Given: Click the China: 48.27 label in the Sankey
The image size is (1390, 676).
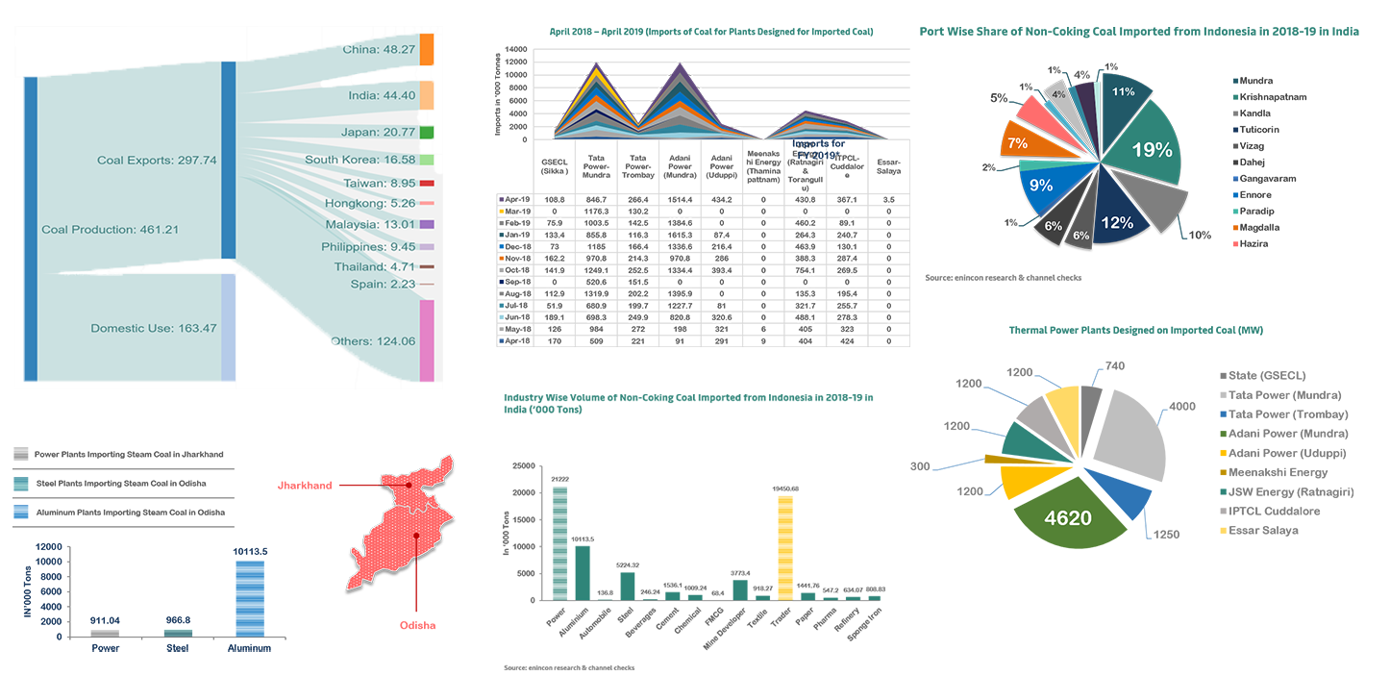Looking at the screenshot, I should click(x=379, y=48).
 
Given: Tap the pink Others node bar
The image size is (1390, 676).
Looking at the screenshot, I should click(x=427, y=340).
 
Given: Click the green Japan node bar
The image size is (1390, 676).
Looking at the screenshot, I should click(x=427, y=132).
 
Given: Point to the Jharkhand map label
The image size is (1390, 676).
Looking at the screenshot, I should click(x=305, y=486).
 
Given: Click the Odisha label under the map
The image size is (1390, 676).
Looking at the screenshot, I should click(x=417, y=625).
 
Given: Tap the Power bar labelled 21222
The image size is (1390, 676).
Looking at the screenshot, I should click(x=558, y=543).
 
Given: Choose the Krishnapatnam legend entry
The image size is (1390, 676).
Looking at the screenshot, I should click(x=1273, y=97).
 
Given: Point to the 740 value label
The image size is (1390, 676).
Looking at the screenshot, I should click(x=1114, y=366).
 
